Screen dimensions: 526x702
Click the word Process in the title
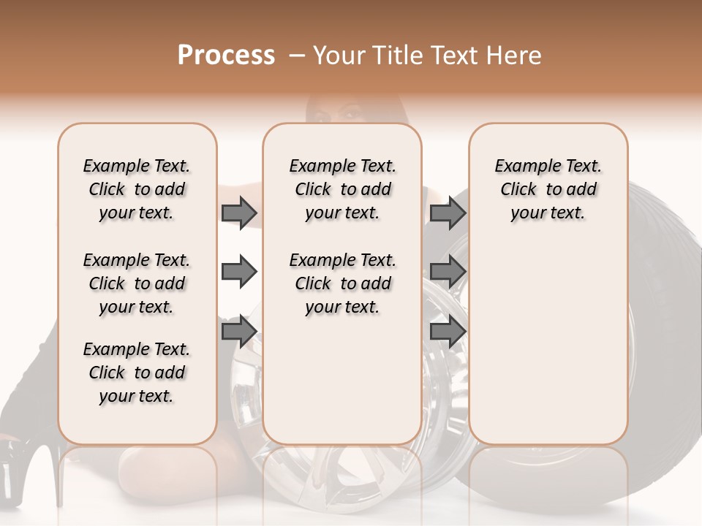pyautogui.click(x=226, y=56)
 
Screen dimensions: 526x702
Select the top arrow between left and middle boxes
pyautogui.click(x=239, y=213)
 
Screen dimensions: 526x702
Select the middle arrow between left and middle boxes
pyautogui.click(x=239, y=272)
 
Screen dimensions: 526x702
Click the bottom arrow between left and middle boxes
pyautogui.click(x=239, y=332)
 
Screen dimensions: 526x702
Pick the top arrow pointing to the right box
pyautogui.click(x=448, y=213)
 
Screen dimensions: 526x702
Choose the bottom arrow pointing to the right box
pyautogui.click(x=448, y=332)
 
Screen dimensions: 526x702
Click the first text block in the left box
pyautogui.click(x=137, y=189)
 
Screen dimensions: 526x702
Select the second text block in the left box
pyautogui.click(x=137, y=283)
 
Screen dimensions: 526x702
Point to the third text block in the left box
pyautogui.click(x=137, y=373)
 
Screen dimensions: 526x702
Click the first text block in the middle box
pyautogui.click(x=342, y=189)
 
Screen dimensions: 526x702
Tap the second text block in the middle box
pyautogui.click(x=342, y=283)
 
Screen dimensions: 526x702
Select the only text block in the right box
pyautogui.click(x=548, y=189)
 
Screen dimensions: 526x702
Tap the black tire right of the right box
pyautogui.click(x=662, y=329)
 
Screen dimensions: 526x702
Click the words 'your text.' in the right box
pyautogui.click(x=548, y=213)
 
